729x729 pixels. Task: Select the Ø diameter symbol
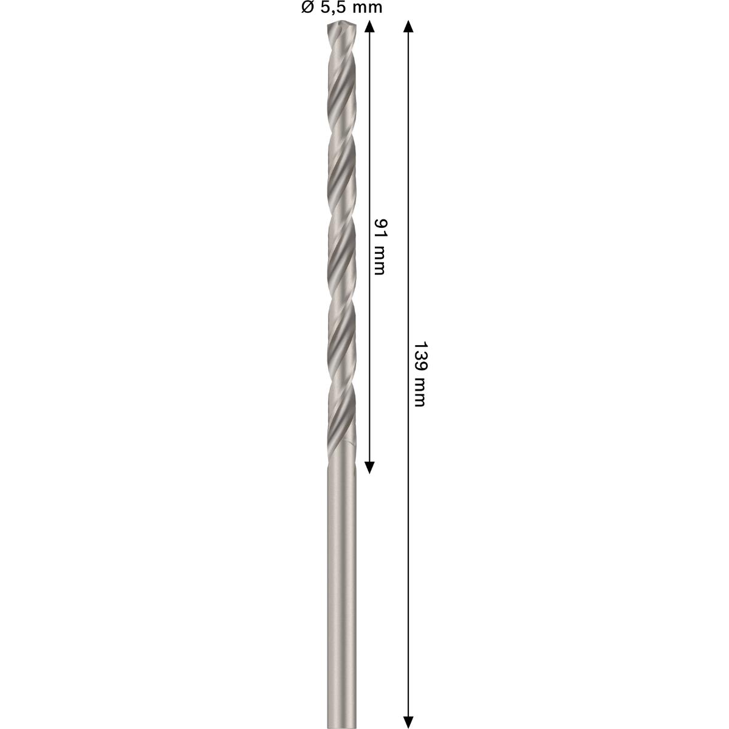click(x=307, y=8)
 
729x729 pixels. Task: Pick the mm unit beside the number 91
click(x=380, y=259)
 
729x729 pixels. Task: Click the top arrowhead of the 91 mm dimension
click(x=369, y=26)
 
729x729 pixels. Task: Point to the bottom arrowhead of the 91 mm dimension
click(x=369, y=467)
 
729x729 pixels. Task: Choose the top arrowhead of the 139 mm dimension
click(x=409, y=26)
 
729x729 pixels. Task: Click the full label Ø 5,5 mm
click(x=341, y=8)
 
